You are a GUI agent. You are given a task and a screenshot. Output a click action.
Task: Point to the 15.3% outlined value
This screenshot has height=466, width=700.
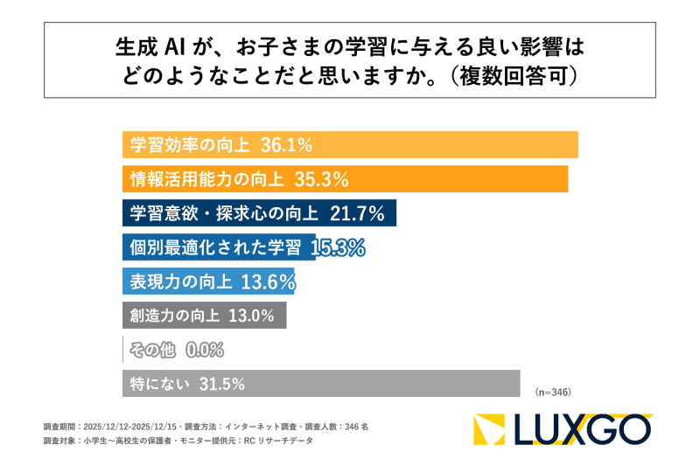[338, 247]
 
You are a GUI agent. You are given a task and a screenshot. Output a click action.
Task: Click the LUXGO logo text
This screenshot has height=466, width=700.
[582, 429]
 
